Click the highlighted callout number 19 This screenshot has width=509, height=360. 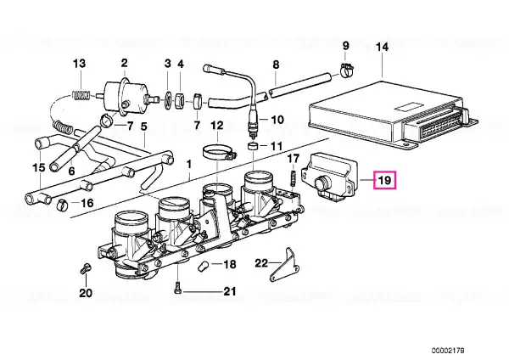tap(384, 179)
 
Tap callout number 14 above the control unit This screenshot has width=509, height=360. tap(381, 47)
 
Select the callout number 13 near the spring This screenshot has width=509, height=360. tap(79, 64)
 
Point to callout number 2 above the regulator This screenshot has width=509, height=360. tap(124, 63)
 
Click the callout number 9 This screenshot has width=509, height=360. tap(345, 45)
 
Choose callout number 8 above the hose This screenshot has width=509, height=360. tap(275, 65)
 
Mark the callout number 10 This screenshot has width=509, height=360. tap(278, 120)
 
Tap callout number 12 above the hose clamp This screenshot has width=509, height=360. tap(217, 126)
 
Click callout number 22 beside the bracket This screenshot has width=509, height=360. tap(262, 262)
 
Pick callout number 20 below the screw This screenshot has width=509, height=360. tap(85, 294)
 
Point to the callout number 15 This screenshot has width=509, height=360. tap(37, 168)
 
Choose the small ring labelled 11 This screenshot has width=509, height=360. tap(253, 147)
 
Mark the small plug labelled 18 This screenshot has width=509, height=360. tap(202, 266)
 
